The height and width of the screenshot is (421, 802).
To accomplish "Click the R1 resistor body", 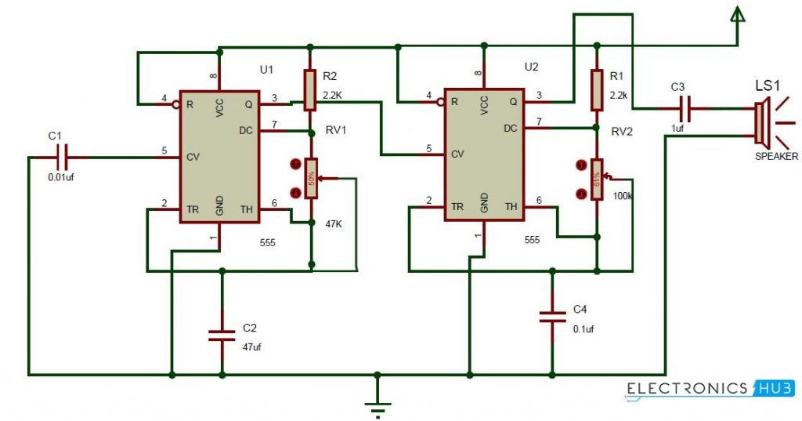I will coord(597,89).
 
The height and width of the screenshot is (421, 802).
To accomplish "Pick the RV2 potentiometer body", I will coord(597,180).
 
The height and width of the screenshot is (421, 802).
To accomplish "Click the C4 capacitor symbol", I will coord(552,317).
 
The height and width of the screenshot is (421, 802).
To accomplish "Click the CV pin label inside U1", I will coord(193,158).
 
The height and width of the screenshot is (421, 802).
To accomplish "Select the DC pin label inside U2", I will coord(510,128).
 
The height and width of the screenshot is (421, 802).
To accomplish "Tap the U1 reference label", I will coord(266,70).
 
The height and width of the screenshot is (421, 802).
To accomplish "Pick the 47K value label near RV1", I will coord(334,223).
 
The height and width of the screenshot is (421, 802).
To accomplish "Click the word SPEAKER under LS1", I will coord(776,157).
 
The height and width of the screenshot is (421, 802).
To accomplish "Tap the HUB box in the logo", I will coord(774,388).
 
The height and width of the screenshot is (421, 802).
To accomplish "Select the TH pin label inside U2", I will coord(511,207).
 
